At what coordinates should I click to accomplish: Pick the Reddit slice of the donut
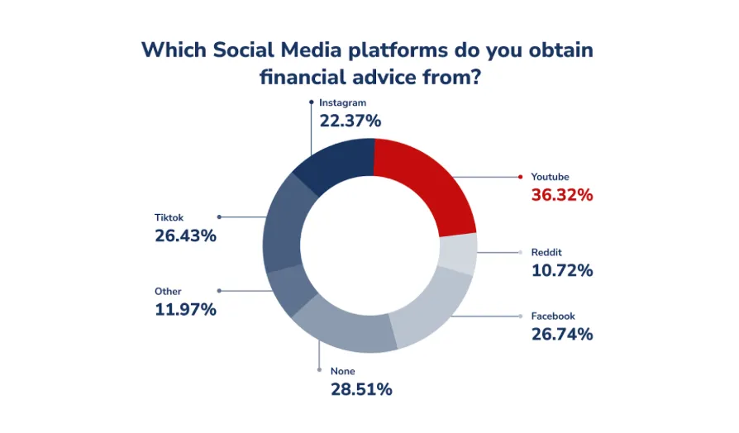tap(458, 253)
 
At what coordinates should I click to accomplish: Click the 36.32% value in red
tap(562, 195)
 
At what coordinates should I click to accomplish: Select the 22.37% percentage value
tap(350, 121)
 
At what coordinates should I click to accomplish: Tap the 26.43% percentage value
tap(185, 236)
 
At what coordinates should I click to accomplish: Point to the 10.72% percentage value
tap(562, 270)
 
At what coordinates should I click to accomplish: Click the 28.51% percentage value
tap(361, 390)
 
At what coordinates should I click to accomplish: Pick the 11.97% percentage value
tap(185, 310)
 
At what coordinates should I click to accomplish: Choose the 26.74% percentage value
tap(562, 334)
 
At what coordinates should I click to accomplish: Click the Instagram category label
tap(343, 102)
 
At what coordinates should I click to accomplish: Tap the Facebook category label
tap(553, 316)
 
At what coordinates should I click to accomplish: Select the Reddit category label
tap(546, 252)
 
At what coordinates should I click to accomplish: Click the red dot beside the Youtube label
tap(520, 177)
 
